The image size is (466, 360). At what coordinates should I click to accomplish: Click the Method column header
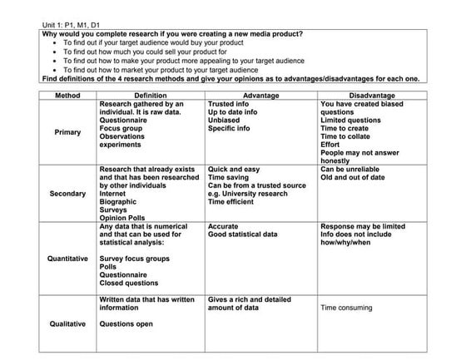click(67, 96)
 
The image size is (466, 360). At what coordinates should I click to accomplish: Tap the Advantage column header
click(261, 96)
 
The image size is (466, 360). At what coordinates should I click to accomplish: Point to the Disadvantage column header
click(374, 96)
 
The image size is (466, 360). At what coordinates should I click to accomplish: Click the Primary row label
click(67, 132)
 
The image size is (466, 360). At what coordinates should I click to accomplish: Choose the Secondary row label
click(67, 194)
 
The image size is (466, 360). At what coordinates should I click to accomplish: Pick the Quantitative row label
click(67, 259)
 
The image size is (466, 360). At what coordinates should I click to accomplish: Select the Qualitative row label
click(67, 323)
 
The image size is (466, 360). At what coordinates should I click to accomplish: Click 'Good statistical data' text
click(243, 234)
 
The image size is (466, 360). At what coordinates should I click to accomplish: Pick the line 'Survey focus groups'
click(134, 259)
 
